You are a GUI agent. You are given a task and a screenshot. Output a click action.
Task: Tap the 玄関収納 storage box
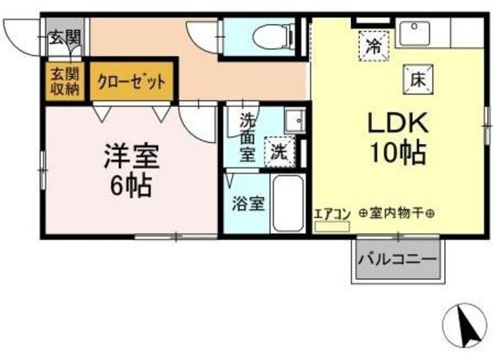tap(65, 82)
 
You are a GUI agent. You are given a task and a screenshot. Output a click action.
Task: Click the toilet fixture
tap(271, 35)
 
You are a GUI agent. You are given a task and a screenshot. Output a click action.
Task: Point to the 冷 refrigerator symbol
tap(372, 45)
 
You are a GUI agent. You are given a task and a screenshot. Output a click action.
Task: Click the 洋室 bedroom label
tap(132, 156)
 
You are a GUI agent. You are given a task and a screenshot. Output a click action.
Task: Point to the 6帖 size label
tap(128, 186)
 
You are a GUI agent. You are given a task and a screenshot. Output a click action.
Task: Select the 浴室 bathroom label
tap(249, 204)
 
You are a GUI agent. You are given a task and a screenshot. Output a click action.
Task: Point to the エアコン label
tap(332, 214)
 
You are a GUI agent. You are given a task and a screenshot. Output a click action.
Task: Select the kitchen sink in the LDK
tap(418, 33)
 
